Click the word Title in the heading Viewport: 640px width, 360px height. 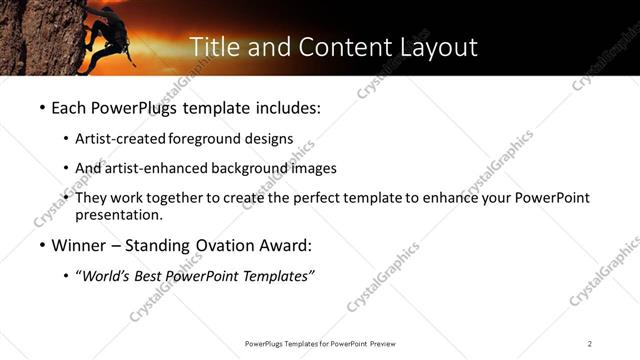point(212,47)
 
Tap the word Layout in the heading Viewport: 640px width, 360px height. point(435,47)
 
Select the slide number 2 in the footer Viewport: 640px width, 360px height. point(590,343)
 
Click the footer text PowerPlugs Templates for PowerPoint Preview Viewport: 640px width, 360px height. point(319,343)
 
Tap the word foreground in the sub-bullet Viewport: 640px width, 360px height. point(207,139)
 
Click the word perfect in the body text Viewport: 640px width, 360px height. point(326,198)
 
